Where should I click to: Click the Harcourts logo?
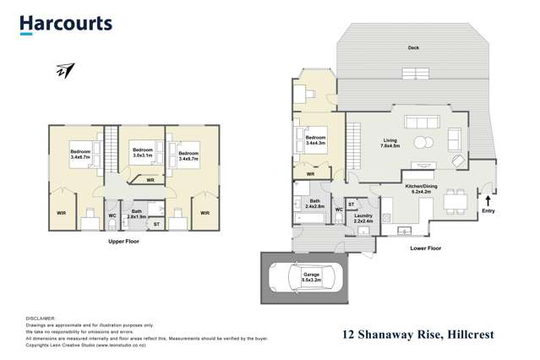click(x=66, y=24)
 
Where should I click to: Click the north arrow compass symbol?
click(x=64, y=71)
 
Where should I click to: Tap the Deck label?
click(x=413, y=47)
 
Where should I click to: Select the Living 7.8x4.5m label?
click(x=390, y=144)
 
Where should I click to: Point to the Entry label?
click(x=488, y=210)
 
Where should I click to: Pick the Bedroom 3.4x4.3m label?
click(x=315, y=140)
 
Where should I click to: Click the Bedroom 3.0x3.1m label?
click(x=142, y=154)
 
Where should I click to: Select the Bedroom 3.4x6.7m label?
click(x=80, y=155)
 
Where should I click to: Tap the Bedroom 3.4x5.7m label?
click(x=188, y=155)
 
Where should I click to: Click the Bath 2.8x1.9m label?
click(x=137, y=214)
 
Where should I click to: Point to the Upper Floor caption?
click(x=123, y=242)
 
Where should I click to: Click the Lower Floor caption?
click(x=425, y=248)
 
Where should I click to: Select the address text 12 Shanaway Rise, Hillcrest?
click(x=418, y=335)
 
